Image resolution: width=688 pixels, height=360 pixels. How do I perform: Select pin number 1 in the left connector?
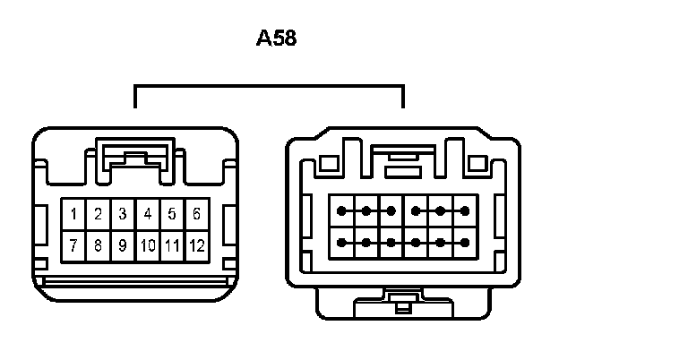click(x=73, y=215)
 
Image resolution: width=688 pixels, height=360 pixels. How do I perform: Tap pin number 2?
click(x=98, y=215)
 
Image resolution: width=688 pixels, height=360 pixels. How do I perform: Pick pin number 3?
click(x=122, y=215)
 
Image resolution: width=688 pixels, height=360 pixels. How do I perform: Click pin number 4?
click(x=147, y=215)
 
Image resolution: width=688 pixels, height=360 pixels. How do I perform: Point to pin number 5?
click(x=171, y=215)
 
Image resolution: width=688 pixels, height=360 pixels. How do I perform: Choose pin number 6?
click(x=196, y=215)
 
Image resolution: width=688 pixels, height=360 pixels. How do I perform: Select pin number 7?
click(x=73, y=244)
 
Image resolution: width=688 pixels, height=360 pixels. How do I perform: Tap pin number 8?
click(x=98, y=244)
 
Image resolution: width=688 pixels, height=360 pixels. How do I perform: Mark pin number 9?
click(x=122, y=244)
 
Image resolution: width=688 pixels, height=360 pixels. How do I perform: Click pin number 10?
click(x=148, y=244)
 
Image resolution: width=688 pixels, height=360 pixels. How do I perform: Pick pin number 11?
click(x=172, y=244)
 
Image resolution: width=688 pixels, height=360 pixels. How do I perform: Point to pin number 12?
click(x=196, y=244)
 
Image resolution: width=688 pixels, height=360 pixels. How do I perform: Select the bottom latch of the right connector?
click(x=402, y=305)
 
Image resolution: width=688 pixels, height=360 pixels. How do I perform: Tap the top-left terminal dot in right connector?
click(x=341, y=211)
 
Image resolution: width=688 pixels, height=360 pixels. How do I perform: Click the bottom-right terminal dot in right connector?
click(x=464, y=242)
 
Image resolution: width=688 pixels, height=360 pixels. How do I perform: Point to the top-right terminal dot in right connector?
click(x=464, y=211)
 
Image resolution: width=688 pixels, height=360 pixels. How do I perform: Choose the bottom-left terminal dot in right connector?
click(x=341, y=242)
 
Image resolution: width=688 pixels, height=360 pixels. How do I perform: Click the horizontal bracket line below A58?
click(x=269, y=86)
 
